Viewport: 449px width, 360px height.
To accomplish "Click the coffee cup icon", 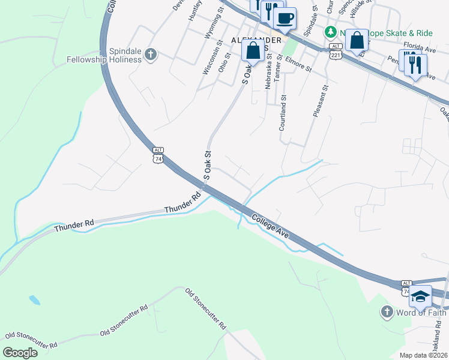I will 285,18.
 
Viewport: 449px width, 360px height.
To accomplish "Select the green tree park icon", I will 330,32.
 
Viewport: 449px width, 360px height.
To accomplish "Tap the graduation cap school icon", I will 421,296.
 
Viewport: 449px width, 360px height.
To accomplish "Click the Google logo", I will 20,353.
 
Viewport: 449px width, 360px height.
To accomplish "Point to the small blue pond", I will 34,299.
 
